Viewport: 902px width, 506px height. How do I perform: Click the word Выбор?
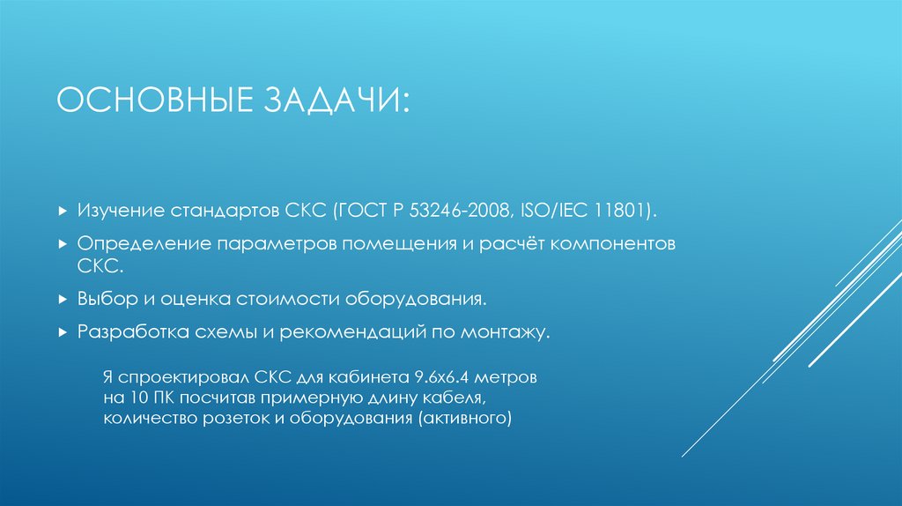coord(104,301)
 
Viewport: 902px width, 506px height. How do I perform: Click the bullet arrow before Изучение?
coord(62,212)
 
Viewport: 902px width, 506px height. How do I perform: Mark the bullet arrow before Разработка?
coord(62,332)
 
